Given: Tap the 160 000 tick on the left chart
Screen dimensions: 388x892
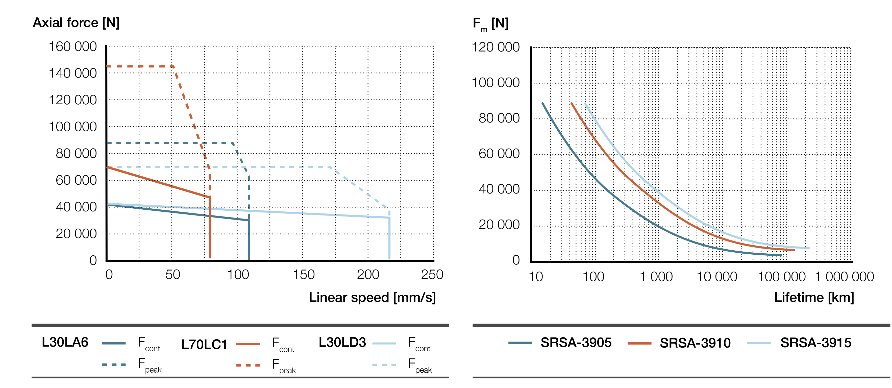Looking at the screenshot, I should coord(72,47).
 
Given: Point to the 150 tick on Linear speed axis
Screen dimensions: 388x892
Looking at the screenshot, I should coord(303,275).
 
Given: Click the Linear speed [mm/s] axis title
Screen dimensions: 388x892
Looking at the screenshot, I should coord(372,298).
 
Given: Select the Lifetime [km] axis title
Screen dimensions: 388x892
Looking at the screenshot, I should coord(814,298).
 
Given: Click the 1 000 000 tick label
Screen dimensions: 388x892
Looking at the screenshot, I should coord(844,277).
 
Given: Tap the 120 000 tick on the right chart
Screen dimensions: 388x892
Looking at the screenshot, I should coord(495,47).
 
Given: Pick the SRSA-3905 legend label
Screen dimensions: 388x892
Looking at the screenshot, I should coord(576,343).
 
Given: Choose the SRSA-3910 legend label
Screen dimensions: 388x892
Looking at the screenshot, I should coord(695,343).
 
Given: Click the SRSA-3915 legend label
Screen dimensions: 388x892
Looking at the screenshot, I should coord(815,343).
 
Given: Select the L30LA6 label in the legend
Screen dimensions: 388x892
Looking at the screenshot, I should coord(65,342).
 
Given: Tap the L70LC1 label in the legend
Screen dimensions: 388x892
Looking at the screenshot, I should coord(204,344).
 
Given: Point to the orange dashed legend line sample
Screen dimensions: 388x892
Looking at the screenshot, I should coord(248,365).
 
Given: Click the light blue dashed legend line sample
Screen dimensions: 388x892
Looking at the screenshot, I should coord(384,365).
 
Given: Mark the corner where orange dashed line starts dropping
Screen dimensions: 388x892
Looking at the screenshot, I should coord(174,66).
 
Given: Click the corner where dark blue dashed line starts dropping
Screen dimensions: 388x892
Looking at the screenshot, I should coord(233,143).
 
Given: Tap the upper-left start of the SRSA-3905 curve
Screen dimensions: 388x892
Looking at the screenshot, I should coord(542,103).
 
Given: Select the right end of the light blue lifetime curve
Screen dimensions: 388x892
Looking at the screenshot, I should coord(809,248).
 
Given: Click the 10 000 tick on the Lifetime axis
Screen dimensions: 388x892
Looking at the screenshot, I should coord(716,277).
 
